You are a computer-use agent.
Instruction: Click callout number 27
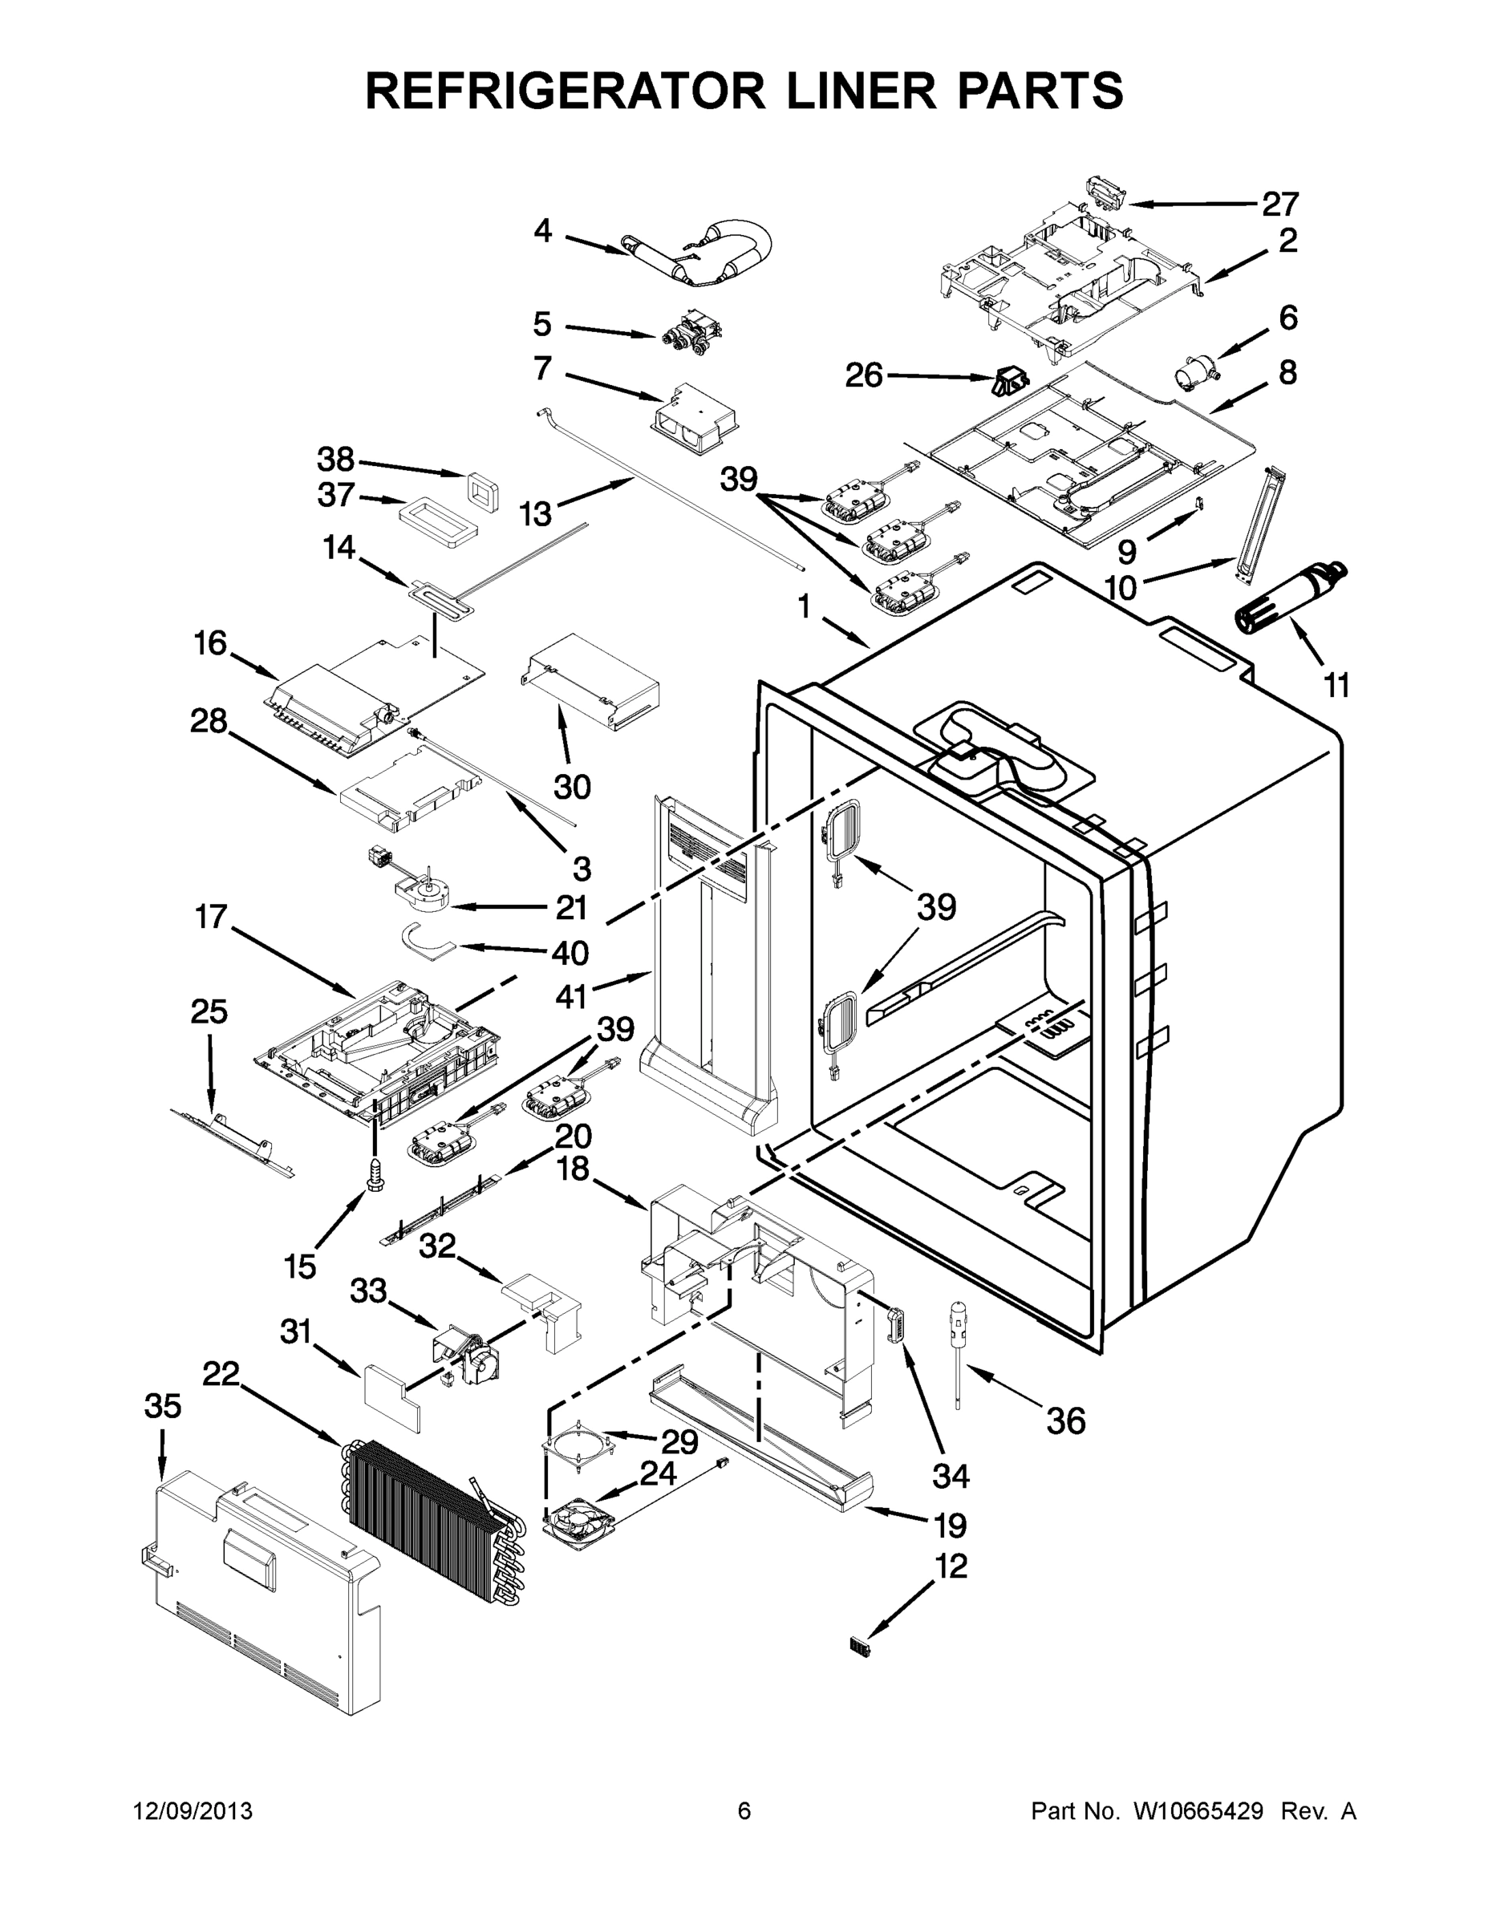1280,205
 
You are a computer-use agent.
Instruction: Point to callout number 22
221,1372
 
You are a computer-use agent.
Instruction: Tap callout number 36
1065,1420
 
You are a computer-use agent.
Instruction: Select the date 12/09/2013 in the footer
193,1810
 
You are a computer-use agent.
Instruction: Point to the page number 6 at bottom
744,1810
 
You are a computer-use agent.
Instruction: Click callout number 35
162,1406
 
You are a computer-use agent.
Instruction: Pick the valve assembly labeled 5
692,335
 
